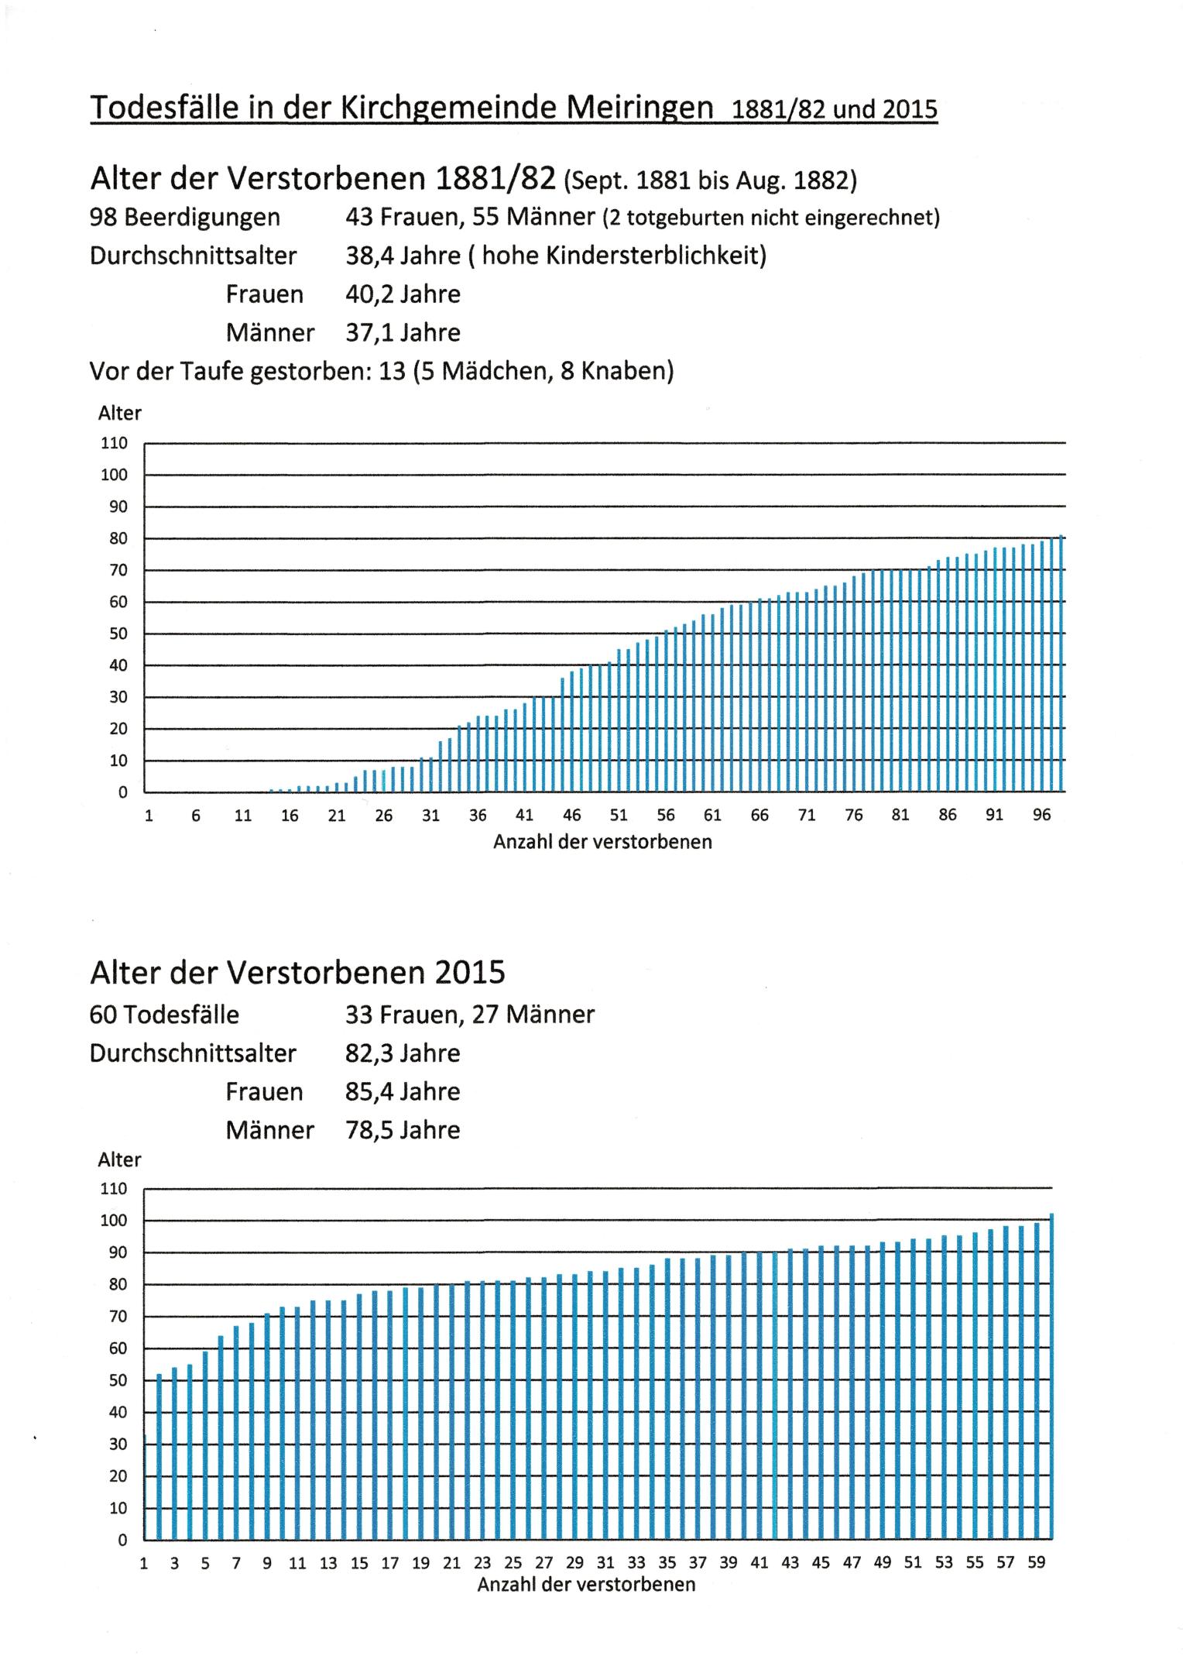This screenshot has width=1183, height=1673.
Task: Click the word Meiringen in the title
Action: (x=639, y=107)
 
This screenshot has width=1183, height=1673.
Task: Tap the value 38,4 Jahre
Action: (x=403, y=256)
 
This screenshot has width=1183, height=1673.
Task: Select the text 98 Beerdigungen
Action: (x=185, y=217)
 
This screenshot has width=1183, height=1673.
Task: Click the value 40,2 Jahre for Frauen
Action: (x=403, y=294)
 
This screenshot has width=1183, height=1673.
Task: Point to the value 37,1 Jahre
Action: (x=403, y=333)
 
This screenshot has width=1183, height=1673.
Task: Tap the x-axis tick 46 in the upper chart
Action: (x=571, y=815)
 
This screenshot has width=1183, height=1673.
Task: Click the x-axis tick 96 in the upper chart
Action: (x=1041, y=815)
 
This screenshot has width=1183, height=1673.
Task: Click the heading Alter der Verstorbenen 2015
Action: (x=297, y=972)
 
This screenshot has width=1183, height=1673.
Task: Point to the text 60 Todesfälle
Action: (x=164, y=1015)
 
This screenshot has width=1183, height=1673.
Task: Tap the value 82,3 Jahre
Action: (x=403, y=1053)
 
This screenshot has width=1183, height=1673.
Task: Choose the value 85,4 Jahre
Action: (x=403, y=1092)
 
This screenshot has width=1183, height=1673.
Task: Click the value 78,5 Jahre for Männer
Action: (x=403, y=1131)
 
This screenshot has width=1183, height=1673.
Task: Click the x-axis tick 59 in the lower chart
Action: (x=1036, y=1562)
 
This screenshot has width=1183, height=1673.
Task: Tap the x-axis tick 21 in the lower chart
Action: (x=451, y=1562)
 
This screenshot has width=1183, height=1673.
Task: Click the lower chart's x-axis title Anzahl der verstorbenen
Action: (x=586, y=1584)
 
